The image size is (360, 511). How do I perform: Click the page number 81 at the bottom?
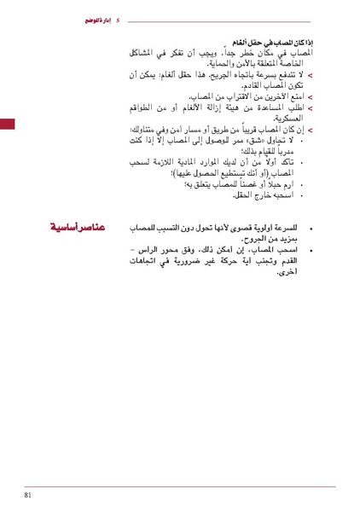[28, 496]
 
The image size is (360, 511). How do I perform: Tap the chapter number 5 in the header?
[117, 19]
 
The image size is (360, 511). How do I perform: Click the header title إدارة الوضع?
[90, 19]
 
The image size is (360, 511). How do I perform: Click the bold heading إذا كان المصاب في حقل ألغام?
[274, 42]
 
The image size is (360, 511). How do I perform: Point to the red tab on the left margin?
[6, 125]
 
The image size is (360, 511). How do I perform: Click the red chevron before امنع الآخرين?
[311, 97]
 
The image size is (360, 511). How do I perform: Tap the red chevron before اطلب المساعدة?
[311, 108]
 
